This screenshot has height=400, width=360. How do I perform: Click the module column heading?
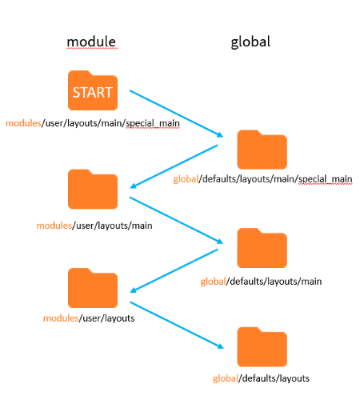click(91, 42)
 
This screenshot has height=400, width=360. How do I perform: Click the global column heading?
click(250, 42)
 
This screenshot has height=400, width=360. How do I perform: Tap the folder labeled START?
click(93, 90)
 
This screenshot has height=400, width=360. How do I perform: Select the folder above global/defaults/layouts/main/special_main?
click(262, 150)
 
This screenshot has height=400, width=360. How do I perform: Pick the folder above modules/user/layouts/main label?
click(93, 189)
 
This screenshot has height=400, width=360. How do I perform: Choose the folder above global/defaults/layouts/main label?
click(262, 248)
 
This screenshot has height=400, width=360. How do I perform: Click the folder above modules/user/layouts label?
click(93, 288)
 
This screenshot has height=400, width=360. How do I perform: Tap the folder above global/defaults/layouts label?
click(262, 347)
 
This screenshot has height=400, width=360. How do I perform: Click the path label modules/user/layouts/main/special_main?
click(93, 123)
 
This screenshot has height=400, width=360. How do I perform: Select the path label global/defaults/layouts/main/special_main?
click(262, 179)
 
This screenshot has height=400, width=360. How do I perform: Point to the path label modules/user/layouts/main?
click(94, 226)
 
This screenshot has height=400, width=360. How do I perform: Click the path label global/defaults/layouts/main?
click(261, 282)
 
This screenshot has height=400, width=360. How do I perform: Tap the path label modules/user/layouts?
click(89, 318)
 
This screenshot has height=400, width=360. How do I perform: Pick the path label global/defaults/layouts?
click(261, 378)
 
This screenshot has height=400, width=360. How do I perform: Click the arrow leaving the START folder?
click(176, 114)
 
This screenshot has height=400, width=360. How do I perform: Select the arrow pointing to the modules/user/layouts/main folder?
click(174, 166)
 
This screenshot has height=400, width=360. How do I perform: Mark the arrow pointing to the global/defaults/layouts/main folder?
click(176, 220)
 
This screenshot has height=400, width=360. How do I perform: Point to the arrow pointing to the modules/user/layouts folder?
click(174, 270)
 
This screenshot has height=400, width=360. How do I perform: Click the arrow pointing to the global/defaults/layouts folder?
click(177, 325)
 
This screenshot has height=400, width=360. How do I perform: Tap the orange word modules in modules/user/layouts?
click(61, 318)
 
